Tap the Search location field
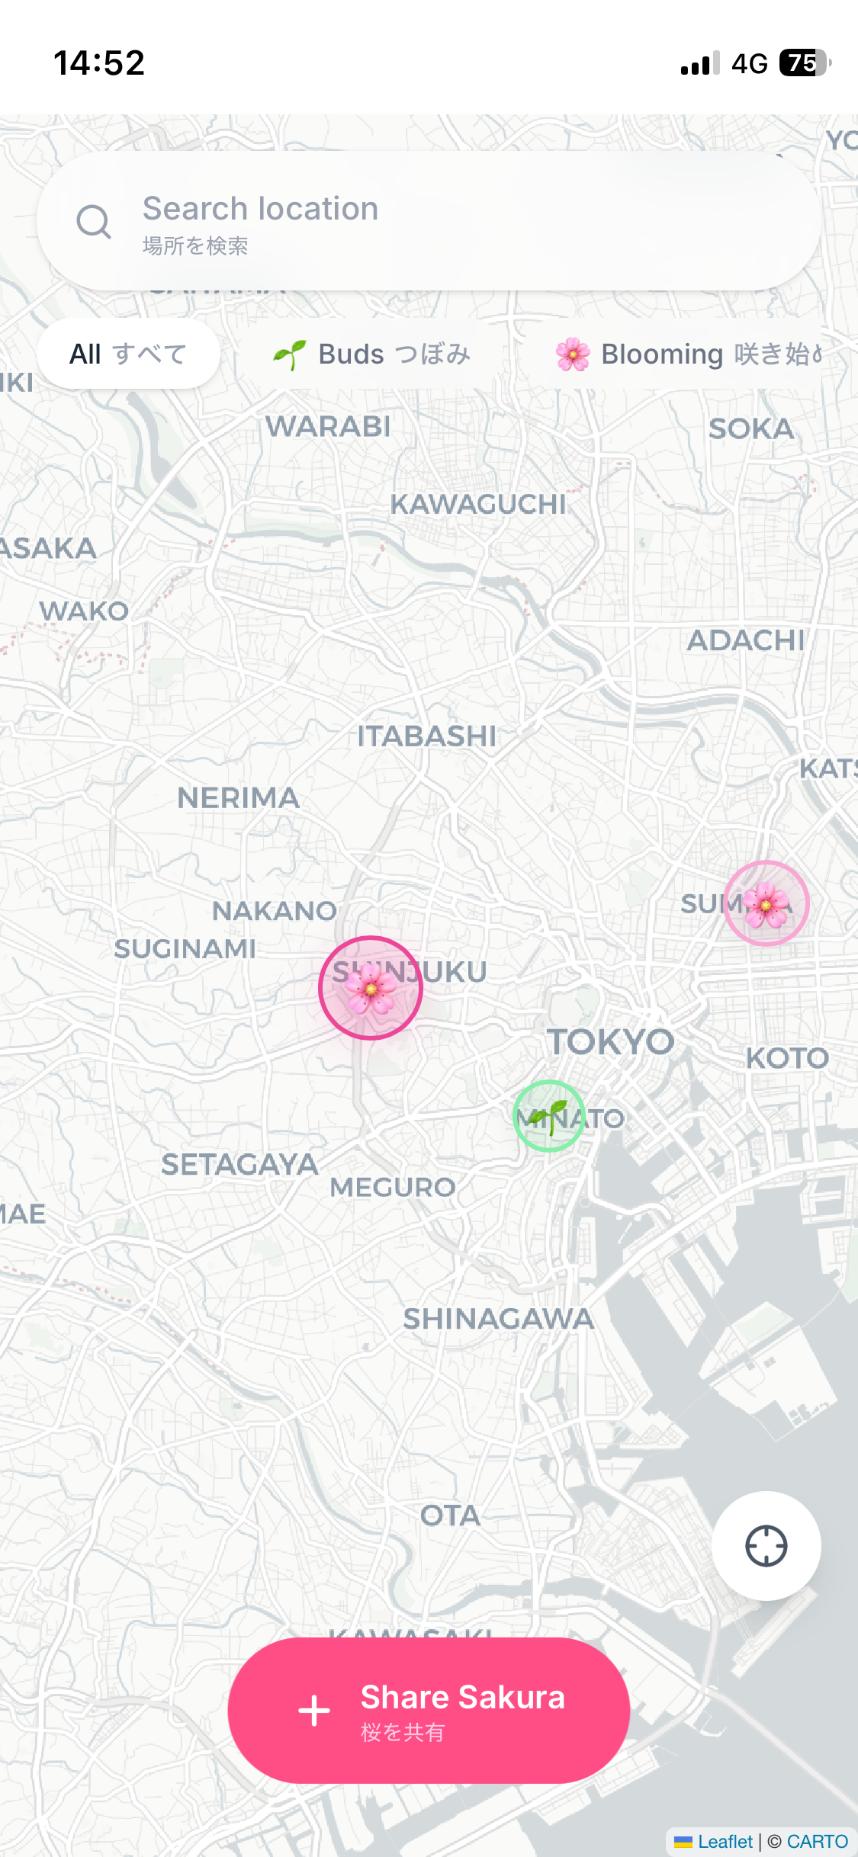[458, 221]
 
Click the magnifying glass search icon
[94, 222]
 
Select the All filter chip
[128, 354]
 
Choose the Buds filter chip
[372, 354]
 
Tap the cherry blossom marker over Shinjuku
[371, 988]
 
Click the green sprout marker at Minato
[549, 1116]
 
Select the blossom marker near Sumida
[766, 903]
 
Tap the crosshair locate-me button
[766, 1546]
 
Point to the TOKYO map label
[611, 1042]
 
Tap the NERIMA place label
[239, 798]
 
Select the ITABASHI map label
[426, 736]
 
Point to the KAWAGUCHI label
[479, 505]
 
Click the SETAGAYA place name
[239, 1165]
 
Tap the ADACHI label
[746, 641]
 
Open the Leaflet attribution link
[724, 1842]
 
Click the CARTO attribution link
[817, 1842]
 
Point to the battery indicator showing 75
[804, 63]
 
